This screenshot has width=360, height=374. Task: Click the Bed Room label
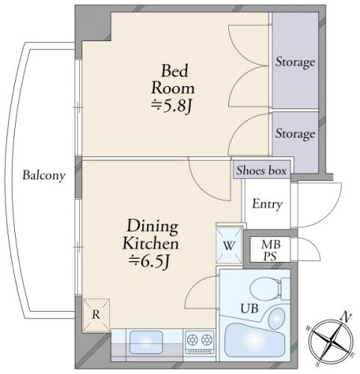173,79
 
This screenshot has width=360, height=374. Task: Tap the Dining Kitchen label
151,235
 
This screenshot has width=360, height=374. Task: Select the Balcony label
44,176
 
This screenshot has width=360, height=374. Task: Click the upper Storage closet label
295,62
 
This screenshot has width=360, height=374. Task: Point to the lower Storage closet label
295,134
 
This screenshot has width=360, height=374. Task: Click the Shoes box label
261,171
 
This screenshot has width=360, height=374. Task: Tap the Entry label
267,204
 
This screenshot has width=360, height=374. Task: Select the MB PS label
271,250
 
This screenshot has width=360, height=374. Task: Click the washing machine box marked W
229,245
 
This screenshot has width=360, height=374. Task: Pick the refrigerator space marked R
96,315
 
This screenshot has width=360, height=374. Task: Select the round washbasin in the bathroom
277,318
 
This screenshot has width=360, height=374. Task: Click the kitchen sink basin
146,342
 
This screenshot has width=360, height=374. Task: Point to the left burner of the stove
192,340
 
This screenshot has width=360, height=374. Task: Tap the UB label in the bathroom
249,308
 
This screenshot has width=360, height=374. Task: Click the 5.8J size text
171,106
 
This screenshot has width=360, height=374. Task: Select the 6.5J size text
150,262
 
